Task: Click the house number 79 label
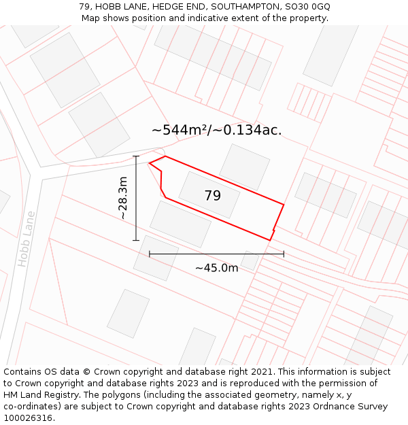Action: pos(212,196)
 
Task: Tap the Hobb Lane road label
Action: pos(26,239)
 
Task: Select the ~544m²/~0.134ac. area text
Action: pos(216,130)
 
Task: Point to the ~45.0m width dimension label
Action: pos(216,268)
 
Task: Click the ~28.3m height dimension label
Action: pos(122,198)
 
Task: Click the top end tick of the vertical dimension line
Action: pos(136,156)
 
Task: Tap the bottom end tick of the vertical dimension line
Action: pos(136,240)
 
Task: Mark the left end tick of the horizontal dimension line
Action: pos(150,254)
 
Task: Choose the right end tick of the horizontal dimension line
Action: pos(284,254)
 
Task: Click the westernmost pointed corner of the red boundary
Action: pos(149,163)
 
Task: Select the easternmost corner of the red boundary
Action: pos(284,204)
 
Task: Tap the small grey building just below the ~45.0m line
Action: pos(250,261)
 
